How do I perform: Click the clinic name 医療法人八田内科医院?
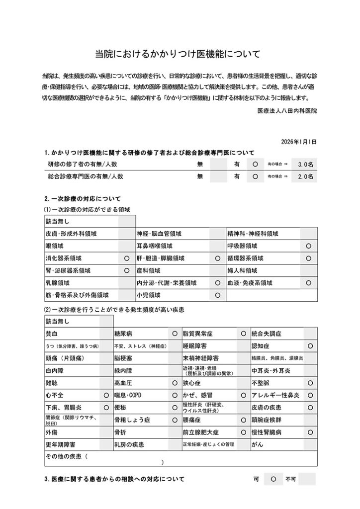pos(287,111)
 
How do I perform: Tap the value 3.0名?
pos(305,164)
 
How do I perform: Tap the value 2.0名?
pos(305,176)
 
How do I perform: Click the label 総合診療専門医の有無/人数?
pos(85,176)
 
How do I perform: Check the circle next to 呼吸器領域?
pos(308,246)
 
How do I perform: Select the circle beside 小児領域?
pos(217,295)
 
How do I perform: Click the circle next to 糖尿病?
pos(175,333)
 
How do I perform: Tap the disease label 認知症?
pos(261,345)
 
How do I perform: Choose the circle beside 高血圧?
pos(175,383)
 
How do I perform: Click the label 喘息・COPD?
pos(128,396)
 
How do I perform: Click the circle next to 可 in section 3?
pos(273,480)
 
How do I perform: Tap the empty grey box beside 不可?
pos(307,480)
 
